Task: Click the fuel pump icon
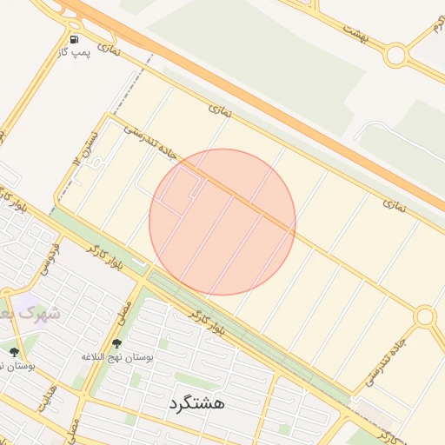(74, 39)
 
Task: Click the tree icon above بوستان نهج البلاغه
(116, 345)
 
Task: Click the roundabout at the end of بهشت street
(397, 55)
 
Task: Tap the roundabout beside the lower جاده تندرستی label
(424, 317)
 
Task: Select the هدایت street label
(46, 398)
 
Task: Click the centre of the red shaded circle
(222, 222)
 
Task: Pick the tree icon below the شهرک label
(14, 352)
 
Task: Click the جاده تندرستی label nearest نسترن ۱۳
(149, 142)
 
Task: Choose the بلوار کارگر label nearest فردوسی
(106, 260)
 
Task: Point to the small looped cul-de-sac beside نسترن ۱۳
(98, 163)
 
